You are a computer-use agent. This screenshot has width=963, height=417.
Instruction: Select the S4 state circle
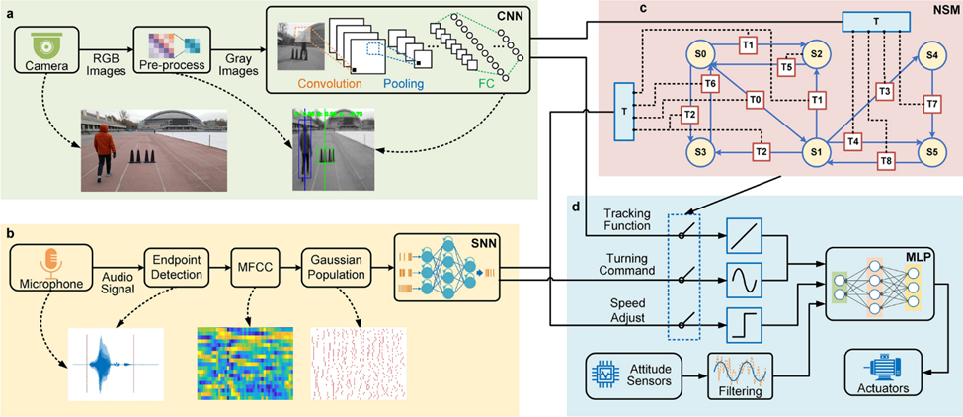pos(931,56)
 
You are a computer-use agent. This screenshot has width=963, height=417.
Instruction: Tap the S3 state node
pos(701,153)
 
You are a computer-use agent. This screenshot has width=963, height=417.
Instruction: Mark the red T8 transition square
pos(886,160)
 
